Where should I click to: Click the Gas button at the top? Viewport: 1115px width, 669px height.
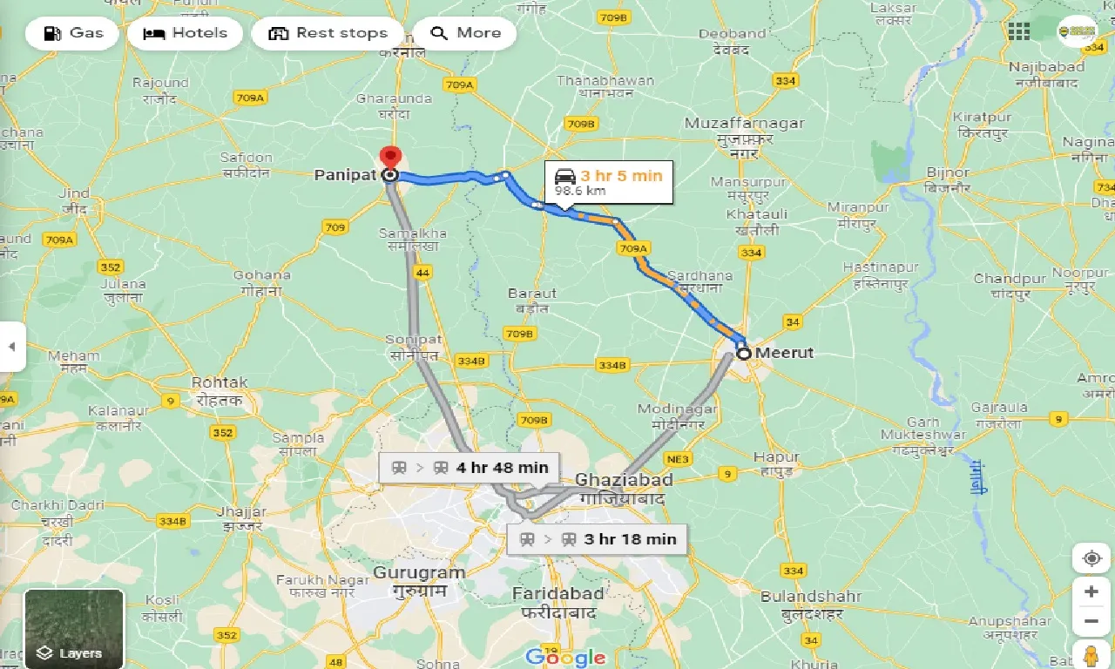point(72,33)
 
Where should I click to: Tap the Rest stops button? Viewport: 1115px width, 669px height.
point(328,33)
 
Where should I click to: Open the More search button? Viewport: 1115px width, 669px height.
point(465,33)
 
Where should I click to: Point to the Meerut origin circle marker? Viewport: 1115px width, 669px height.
point(743,354)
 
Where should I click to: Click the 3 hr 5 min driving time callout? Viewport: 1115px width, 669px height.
point(609,182)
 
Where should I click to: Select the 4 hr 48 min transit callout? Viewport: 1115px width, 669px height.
point(470,467)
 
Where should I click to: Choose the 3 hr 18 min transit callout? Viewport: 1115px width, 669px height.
point(598,539)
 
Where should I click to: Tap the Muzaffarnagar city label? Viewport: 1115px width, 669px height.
point(744,123)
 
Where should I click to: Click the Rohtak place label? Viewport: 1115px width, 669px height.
point(220,382)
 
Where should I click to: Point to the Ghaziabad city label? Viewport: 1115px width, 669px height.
point(624,480)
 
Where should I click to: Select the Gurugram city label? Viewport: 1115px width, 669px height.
point(419,572)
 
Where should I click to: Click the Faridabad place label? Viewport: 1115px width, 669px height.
point(557,593)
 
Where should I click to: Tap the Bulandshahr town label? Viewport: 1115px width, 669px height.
point(810,597)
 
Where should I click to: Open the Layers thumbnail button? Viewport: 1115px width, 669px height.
point(74,628)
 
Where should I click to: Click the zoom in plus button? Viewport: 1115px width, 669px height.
point(1091,591)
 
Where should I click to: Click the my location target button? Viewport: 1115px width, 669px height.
point(1091,558)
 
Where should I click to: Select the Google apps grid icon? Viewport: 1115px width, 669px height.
point(1018,32)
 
